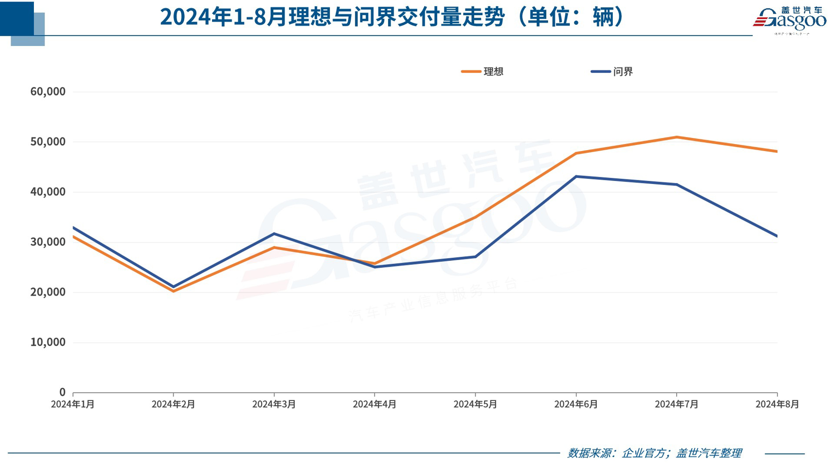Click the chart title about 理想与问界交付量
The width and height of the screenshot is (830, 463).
coord(392,17)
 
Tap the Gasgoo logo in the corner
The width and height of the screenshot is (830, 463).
coord(789,20)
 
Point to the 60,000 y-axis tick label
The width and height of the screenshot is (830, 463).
coord(48,91)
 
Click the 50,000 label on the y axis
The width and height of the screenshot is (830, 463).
coord(48,142)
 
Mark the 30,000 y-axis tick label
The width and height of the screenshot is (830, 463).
coord(48,242)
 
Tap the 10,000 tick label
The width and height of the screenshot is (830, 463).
coord(48,342)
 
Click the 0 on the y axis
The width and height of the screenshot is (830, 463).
coord(62,392)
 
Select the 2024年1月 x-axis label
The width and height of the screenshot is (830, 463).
coord(73,404)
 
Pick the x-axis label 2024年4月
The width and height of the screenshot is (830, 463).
coord(375,404)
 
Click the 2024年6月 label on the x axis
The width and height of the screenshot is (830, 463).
coord(576,404)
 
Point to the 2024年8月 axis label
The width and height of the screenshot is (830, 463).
coord(777,404)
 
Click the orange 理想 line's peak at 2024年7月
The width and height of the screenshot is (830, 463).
coord(677,137)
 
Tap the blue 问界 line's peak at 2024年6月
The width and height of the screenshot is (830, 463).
coord(576,176)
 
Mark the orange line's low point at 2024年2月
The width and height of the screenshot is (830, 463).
coord(174,291)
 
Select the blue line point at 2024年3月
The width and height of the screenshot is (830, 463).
coord(274,234)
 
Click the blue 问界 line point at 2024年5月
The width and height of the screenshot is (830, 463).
coord(475,257)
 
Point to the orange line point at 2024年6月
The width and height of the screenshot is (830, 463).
coord(576,153)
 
